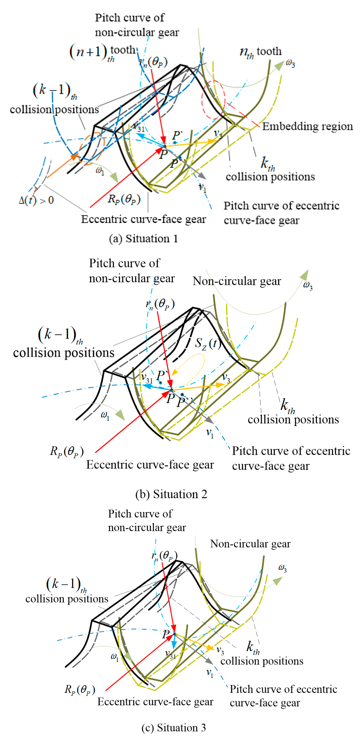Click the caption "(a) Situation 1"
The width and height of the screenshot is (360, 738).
(x=143, y=239)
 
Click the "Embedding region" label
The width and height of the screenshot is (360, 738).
(x=307, y=126)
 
